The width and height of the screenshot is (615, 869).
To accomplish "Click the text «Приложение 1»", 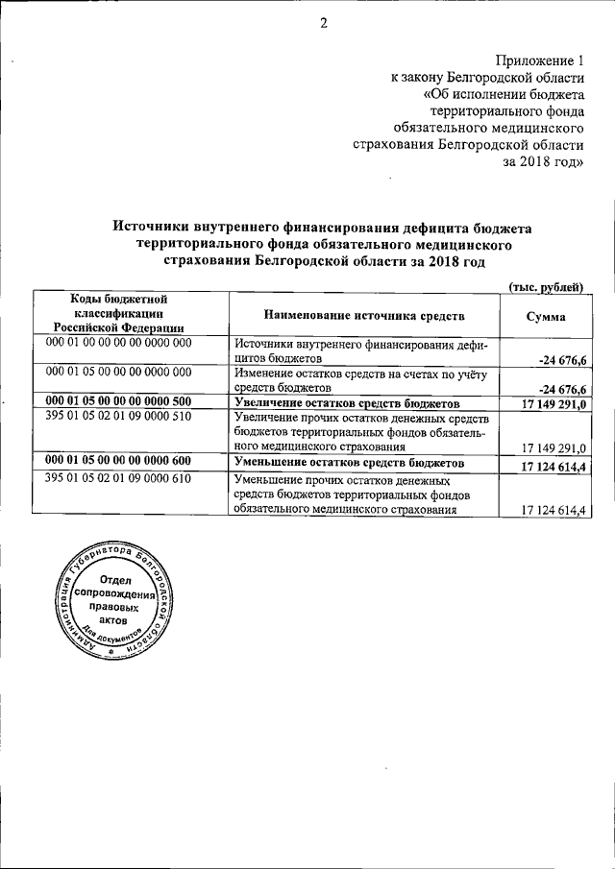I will click(x=539, y=62).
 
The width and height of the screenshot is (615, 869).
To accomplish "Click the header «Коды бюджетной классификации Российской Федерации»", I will click(x=120, y=314).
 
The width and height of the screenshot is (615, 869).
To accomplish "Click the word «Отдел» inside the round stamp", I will click(x=114, y=580).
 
